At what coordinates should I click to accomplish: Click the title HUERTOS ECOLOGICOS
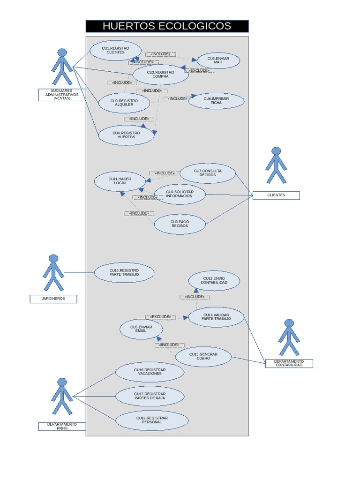pyautogui.click(x=167, y=26)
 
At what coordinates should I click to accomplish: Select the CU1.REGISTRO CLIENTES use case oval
pyautogui.click(x=115, y=51)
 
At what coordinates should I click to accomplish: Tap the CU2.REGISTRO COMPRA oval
pyautogui.click(x=160, y=75)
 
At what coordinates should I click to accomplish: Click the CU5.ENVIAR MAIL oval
pyautogui.click(x=218, y=60)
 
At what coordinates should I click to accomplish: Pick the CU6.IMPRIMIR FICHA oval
pyautogui.click(x=216, y=101)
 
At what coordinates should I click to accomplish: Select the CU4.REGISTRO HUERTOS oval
pyautogui.click(x=126, y=135)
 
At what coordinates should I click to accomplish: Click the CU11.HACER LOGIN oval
pyautogui.click(x=120, y=181)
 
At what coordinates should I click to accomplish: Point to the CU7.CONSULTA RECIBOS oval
pyautogui.click(x=208, y=173)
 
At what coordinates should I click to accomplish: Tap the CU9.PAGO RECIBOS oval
pyautogui.click(x=180, y=224)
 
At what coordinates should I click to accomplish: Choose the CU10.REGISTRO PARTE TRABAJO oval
pyautogui.click(x=124, y=273)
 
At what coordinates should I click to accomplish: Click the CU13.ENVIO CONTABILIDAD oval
pyautogui.click(x=214, y=281)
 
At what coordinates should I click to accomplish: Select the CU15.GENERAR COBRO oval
pyautogui.click(x=203, y=357)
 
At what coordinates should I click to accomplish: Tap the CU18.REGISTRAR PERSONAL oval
pyautogui.click(x=152, y=420)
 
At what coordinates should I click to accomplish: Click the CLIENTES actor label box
pyautogui.click(x=276, y=195)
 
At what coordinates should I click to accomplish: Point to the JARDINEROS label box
pyautogui.click(x=53, y=299)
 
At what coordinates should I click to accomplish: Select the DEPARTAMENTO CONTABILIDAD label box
pyautogui.click(x=289, y=363)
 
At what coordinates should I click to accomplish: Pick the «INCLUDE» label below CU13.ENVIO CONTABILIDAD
pyautogui.click(x=195, y=297)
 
